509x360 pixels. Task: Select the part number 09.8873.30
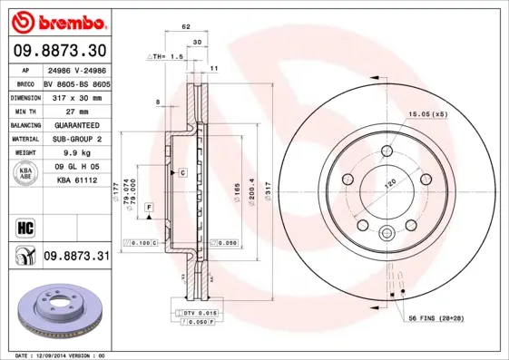(58, 50)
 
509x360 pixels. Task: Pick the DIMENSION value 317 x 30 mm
(76, 95)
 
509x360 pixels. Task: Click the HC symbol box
(25, 224)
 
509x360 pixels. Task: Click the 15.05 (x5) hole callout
(427, 115)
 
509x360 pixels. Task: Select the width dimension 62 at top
(186, 27)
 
